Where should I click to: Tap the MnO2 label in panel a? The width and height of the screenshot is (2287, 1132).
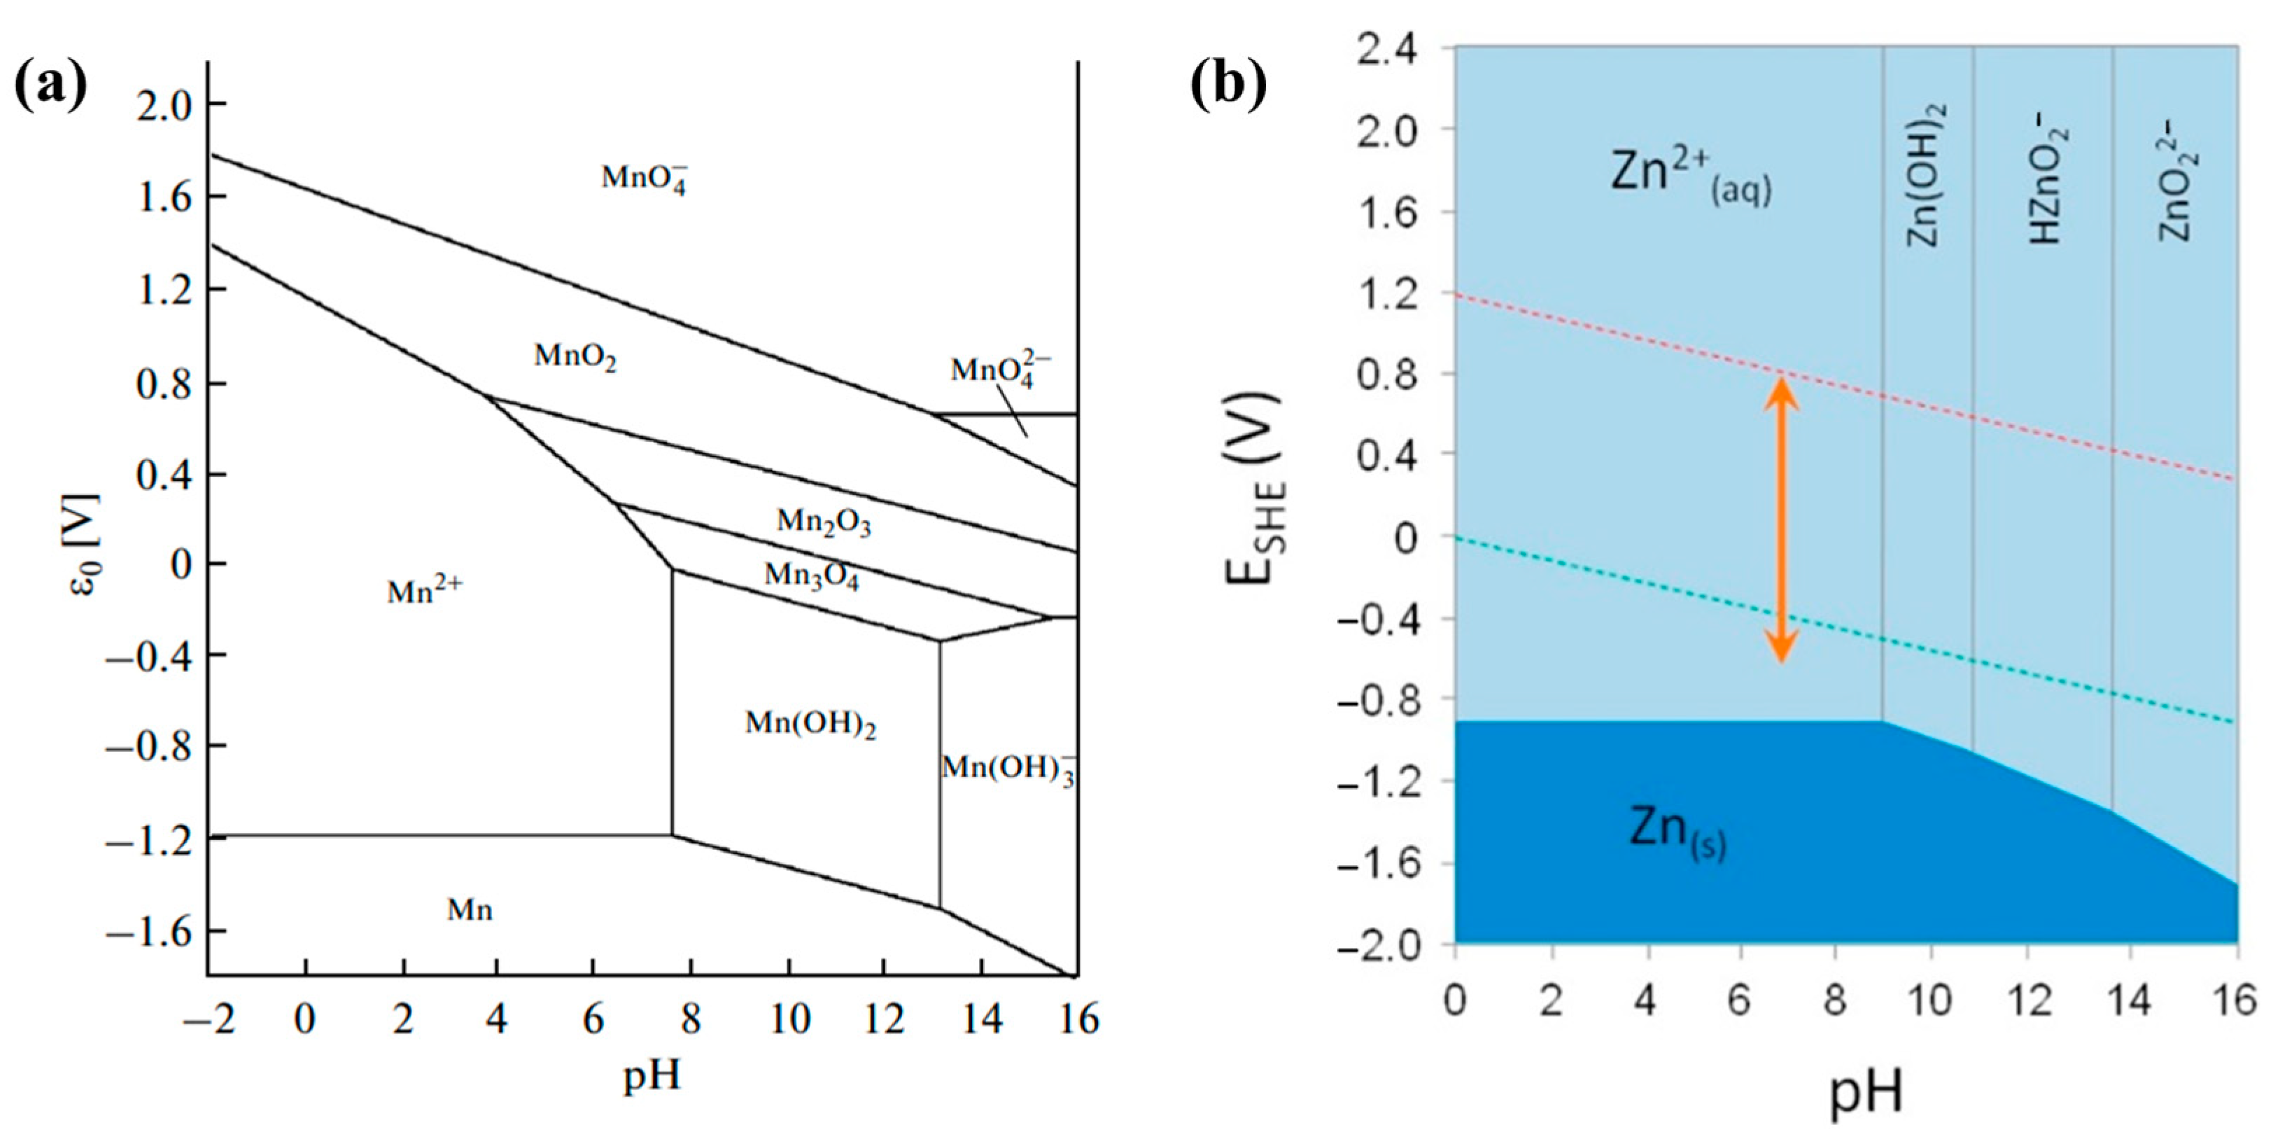pos(575,357)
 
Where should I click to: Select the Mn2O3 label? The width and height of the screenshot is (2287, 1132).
pos(823,522)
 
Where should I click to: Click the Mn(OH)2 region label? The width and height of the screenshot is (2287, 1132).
pos(810,725)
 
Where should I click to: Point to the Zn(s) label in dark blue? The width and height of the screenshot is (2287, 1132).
pos(1677,833)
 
